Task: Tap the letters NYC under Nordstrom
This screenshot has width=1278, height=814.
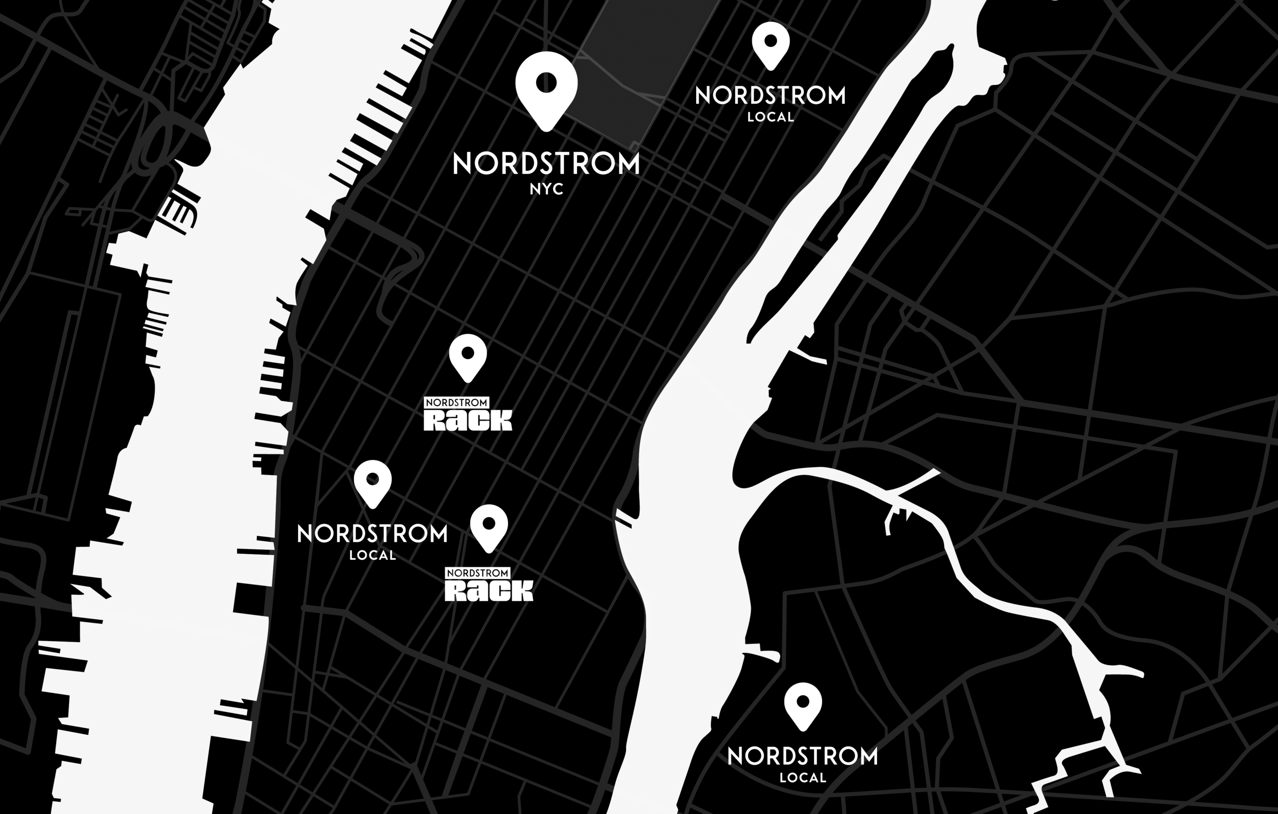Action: click(546, 189)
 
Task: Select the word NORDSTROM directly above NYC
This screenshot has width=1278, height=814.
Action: click(546, 164)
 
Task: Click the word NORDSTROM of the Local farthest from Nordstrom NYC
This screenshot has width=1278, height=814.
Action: click(803, 757)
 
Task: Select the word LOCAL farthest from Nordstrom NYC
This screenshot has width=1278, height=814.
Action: click(803, 778)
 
